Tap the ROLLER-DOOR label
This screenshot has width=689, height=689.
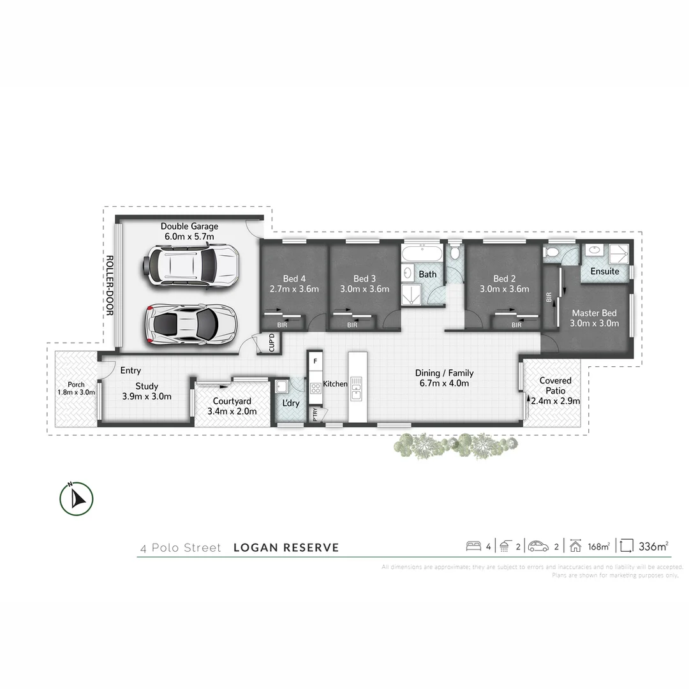point(109,285)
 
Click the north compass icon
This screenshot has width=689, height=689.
point(77,498)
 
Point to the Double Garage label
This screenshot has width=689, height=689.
point(189,231)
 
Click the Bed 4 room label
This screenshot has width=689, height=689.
point(294,283)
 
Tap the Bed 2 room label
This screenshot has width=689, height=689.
point(505,283)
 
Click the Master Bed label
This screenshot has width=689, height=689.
point(594,318)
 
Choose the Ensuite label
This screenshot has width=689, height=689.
point(604,271)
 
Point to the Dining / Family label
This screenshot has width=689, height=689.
point(444,378)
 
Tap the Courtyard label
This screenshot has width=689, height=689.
point(232,406)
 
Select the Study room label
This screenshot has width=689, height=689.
point(147,391)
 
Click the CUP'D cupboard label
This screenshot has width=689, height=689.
point(271,343)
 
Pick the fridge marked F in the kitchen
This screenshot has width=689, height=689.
point(315,361)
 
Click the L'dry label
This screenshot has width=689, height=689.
point(290,403)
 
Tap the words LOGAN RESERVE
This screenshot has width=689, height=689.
point(286,547)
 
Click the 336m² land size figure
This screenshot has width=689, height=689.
point(653,546)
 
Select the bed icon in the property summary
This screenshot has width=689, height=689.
point(473,546)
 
